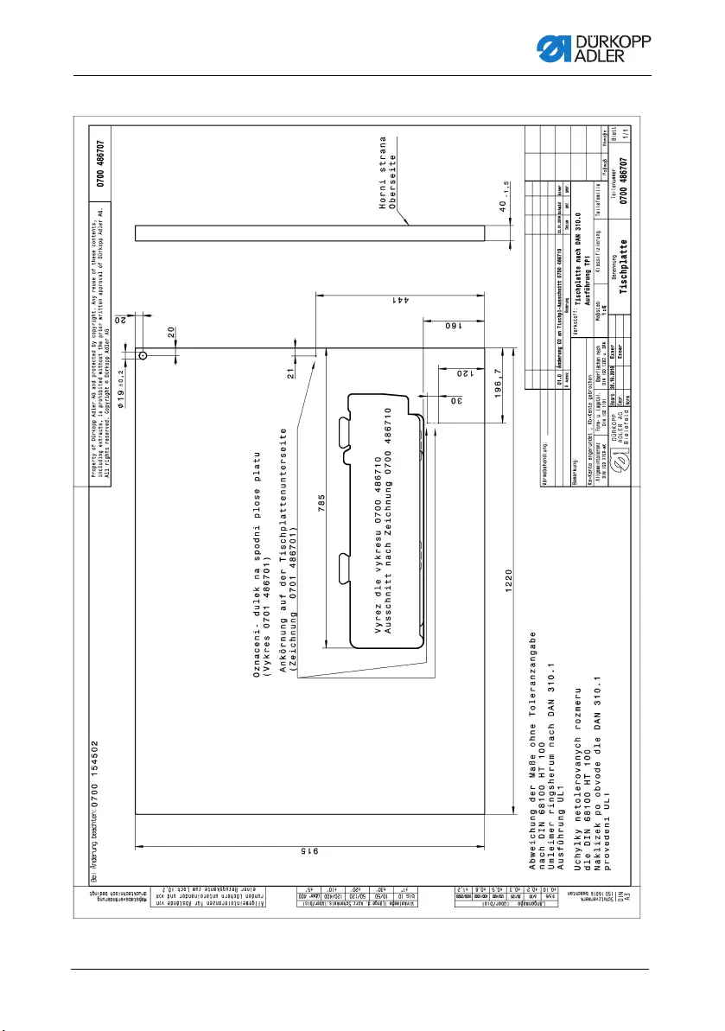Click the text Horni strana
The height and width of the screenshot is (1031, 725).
[382, 171]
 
